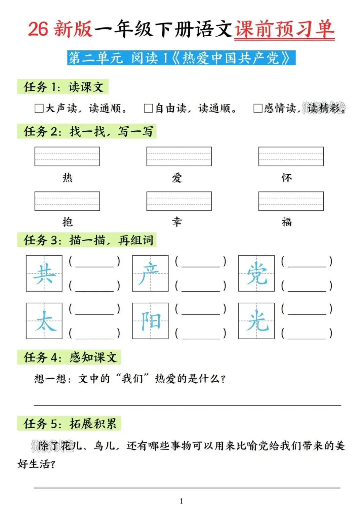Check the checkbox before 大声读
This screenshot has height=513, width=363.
39,108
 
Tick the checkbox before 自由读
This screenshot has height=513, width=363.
148,108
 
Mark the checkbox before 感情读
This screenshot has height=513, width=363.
258,108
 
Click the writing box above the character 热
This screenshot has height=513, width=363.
67,156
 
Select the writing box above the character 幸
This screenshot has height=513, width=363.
179,201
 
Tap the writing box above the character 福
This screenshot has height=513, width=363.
291,201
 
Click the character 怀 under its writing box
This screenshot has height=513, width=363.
287,177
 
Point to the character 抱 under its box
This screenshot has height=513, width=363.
68,222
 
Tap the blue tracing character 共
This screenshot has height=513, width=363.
44,273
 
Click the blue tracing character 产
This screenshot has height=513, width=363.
150,273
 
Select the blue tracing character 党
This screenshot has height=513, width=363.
256,273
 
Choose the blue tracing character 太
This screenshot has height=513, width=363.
44,321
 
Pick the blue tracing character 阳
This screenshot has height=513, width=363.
150,321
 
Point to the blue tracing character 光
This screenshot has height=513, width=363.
256,321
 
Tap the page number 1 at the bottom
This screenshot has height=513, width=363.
182,501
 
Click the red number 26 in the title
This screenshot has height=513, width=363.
38,29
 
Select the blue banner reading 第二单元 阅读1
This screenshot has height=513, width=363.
181,58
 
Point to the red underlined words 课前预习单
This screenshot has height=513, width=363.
284,29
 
